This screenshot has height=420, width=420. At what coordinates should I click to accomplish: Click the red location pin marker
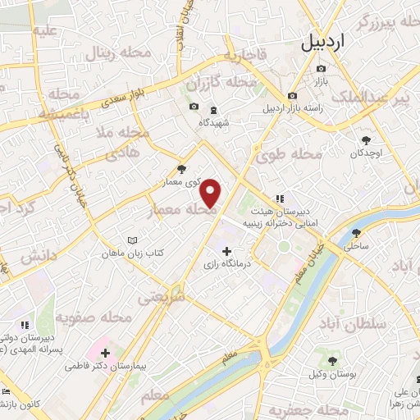[x=211, y=193]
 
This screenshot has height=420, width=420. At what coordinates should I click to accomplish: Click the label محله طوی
[x=290, y=154]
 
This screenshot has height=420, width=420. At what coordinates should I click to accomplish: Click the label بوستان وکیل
[x=332, y=373]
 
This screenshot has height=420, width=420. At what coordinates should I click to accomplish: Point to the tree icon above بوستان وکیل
[x=332, y=360]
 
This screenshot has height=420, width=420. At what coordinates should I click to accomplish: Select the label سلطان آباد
[x=377, y=324]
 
